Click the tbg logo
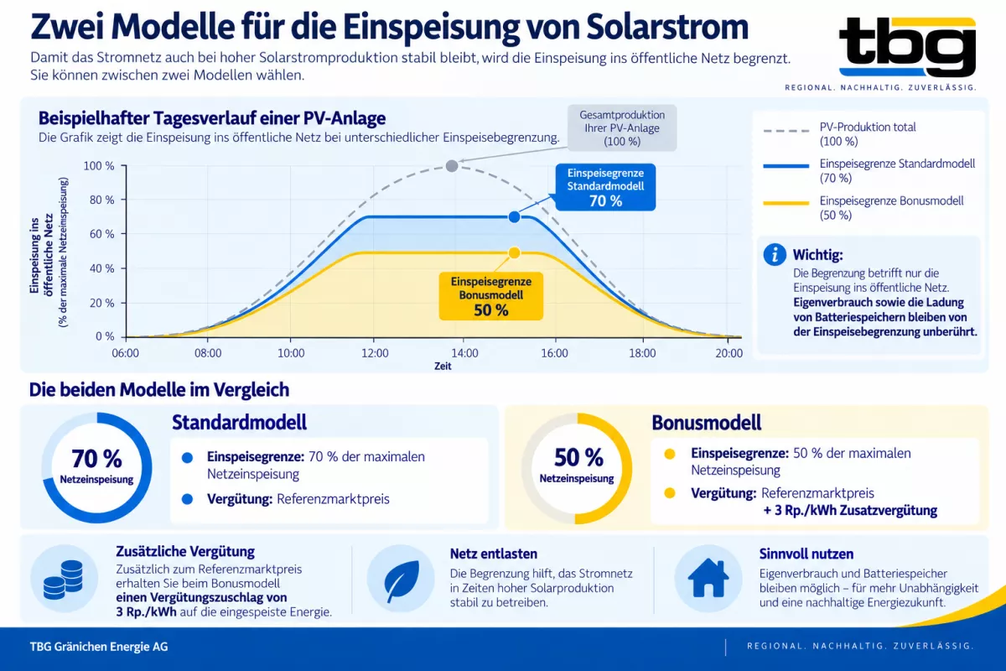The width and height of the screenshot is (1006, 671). [907, 47]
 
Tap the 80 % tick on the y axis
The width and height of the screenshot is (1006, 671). [123, 200]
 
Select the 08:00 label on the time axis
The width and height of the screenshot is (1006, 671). [208, 353]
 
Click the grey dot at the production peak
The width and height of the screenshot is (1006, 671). [452, 166]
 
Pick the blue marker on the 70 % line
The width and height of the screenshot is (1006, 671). [514, 217]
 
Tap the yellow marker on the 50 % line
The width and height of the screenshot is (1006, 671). [514, 253]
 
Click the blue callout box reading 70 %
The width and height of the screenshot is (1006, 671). [605, 187]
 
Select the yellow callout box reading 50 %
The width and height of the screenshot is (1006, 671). [491, 296]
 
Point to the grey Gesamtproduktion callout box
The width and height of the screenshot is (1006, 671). [622, 128]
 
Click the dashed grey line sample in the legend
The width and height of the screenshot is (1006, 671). [786, 131]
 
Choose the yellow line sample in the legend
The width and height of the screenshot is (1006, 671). [786, 204]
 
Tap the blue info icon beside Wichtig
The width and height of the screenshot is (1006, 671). [775, 255]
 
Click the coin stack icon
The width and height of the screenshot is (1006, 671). [64, 580]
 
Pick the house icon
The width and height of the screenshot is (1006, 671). [708, 578]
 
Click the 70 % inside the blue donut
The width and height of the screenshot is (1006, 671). [96, 459]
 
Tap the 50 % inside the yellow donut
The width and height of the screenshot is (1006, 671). [578, 458]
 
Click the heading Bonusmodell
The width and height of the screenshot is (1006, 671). [707, 423]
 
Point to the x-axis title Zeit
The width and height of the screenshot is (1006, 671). [443, 367]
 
